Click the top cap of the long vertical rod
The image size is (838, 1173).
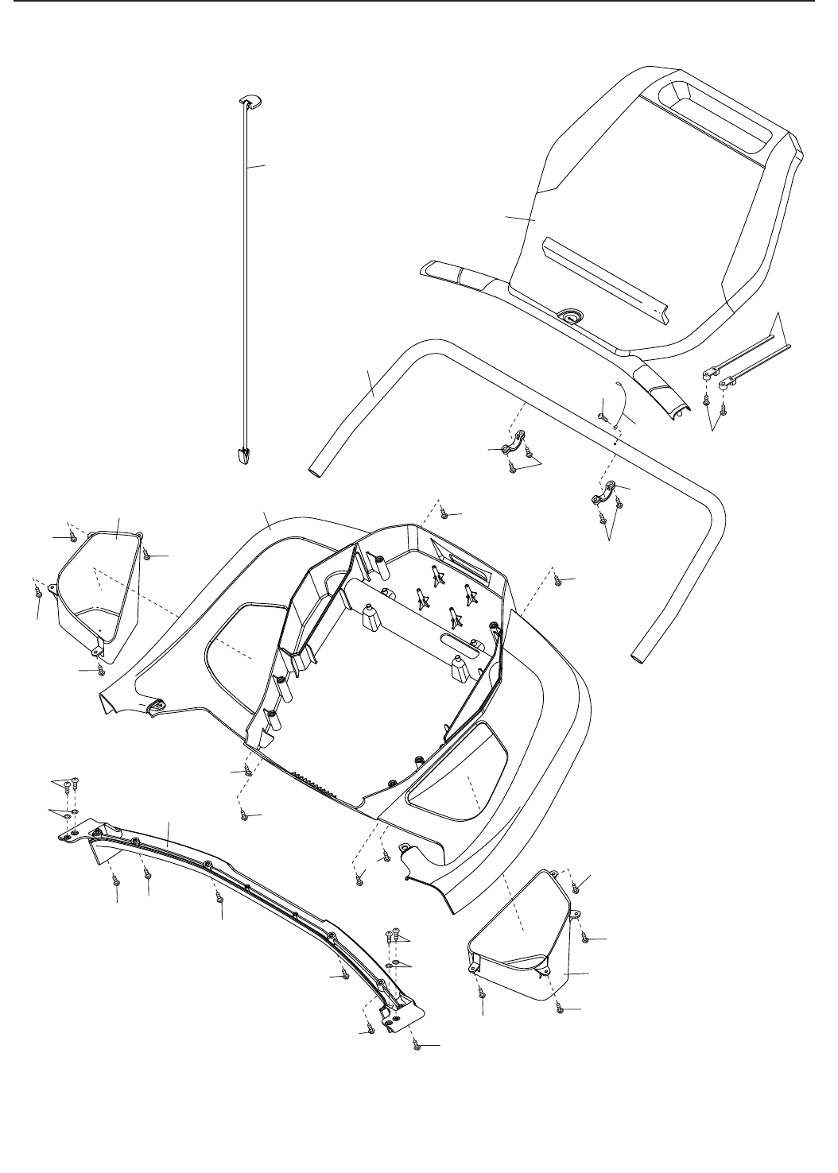pyautogui.click(x=250, y=99)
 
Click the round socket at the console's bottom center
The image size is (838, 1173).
pyautogui.click(x=569, y=316)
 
